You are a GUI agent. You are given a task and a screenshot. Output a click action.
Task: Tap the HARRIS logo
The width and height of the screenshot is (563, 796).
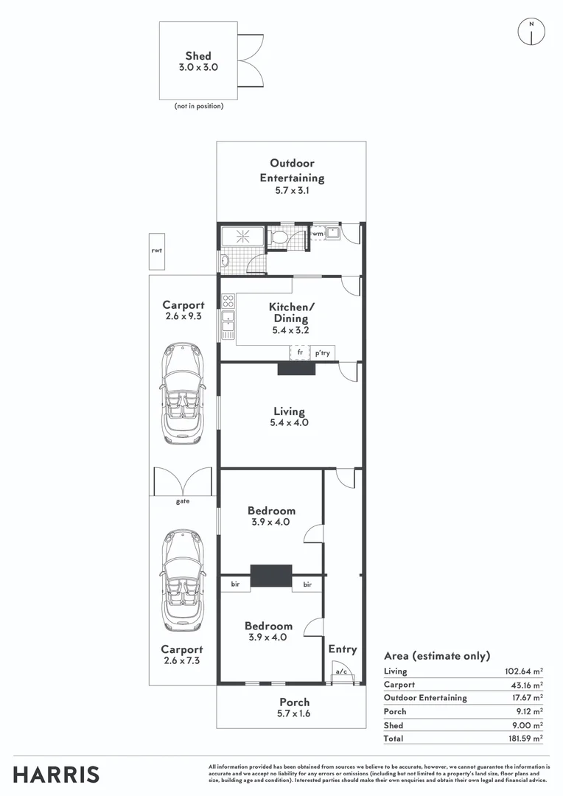pyautogui.click(x=56, y=774)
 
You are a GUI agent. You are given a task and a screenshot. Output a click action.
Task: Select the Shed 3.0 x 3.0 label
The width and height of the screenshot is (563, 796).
pyautogui.click(x=198, y=61)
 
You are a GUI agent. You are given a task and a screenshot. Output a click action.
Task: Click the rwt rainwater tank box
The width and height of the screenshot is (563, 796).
pyautogui.click(x=155, y=250)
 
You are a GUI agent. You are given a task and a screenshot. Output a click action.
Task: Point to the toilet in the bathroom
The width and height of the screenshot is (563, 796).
pyautogui.click(x=279, y=237)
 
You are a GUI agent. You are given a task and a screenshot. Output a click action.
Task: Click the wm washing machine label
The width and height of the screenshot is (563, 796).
pyautogui.click(x=318, y=234)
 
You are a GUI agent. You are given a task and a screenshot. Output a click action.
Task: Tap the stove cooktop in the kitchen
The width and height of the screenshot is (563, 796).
pyautogui.click(x=228, y=301)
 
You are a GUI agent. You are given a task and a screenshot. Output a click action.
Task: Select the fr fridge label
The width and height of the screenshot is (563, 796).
pyautogui.click(x=300, y=353)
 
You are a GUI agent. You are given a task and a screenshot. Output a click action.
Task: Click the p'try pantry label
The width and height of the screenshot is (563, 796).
pyautogui.click(x=322, y=353)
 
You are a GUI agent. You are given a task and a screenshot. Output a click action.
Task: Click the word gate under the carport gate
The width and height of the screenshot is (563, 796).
pyautogui.click(x=183, y=501)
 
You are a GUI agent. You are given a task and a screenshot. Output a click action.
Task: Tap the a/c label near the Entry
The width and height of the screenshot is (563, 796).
pyautogui.click(x=340, y=671)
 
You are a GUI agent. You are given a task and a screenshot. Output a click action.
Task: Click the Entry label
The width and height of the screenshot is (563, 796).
pyautogui.click(x=342, y=649)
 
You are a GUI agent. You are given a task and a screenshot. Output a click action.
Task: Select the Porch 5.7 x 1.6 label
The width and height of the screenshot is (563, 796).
pyautogui.click(x=294, y=708)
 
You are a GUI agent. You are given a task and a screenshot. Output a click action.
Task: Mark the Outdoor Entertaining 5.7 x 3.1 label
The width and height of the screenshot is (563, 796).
pyautogui.click(x=292, y=177)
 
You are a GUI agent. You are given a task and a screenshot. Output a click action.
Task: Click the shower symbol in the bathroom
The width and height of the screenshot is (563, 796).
pyautogui.click(x=242, y=237)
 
